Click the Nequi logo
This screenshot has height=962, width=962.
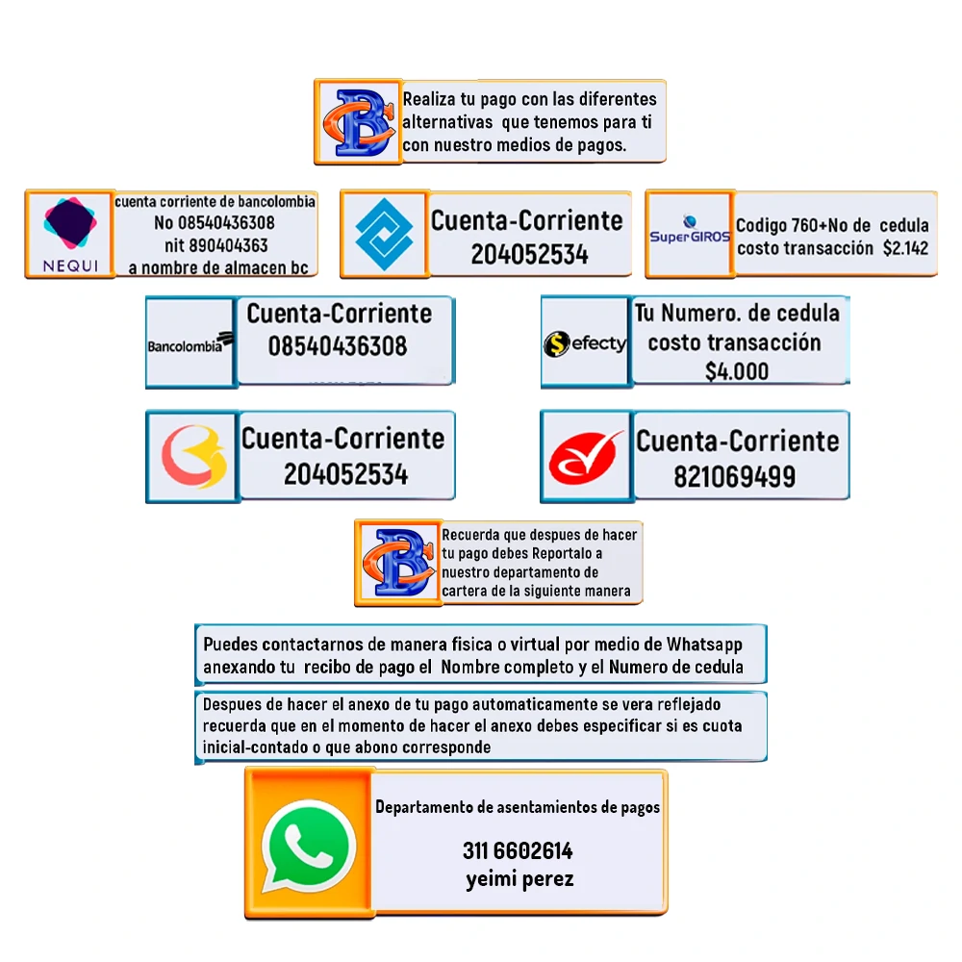point(69,234)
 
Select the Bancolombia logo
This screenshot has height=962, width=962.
point(190,342)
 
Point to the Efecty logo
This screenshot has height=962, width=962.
point(585,343)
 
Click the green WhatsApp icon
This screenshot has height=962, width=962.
point(309,844)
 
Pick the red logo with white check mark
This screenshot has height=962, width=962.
point(586,457)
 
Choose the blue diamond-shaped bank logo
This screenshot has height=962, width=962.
point(384,234)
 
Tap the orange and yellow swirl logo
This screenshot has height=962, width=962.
point(192,457)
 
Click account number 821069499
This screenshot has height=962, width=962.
point(734,476)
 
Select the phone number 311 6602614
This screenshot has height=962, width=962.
point(518,850)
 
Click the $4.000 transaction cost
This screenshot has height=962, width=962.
point(736,371)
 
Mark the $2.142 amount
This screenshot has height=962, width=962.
point(905,247)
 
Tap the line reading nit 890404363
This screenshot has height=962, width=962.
point(216,245)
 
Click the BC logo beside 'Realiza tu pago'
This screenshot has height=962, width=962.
point(357,122)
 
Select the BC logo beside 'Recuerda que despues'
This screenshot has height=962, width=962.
point(397,563)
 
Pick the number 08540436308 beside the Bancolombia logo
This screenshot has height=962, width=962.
point(338,345)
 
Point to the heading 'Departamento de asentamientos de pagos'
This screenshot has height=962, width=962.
point(518,807)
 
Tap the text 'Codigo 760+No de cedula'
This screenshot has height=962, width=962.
point(832,225)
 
